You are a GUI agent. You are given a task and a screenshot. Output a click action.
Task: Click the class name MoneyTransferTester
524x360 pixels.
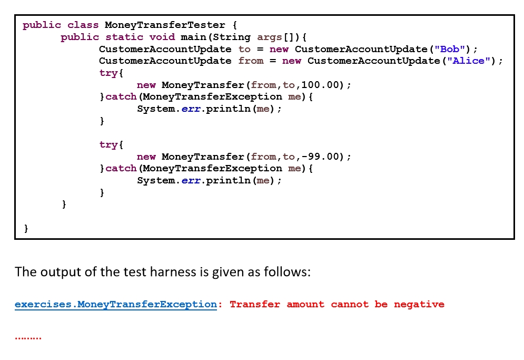[x=165, y=25]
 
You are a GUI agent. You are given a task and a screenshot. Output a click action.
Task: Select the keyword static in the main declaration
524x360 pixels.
[x=124, y=37]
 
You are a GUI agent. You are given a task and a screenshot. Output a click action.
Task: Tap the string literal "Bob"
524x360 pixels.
[x=450, y=49]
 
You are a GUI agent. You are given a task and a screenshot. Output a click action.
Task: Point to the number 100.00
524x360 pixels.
[x=320, y=85]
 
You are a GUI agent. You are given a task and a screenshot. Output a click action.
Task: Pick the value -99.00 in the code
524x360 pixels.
[x=320, y=157]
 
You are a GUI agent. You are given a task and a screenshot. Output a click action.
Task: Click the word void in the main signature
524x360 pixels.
[x=162, y=37]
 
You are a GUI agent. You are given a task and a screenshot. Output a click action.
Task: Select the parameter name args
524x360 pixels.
[x=269, y=37]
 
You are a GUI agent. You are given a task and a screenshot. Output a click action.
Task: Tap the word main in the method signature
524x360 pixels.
[x=193, y=37]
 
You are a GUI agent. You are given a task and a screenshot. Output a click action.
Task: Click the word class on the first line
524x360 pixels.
[x=83, y=25]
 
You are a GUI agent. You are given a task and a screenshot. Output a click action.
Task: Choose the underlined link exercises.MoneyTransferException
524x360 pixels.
[x=116, y=305]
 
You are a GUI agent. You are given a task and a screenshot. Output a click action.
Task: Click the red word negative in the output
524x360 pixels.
[x=419, y=305]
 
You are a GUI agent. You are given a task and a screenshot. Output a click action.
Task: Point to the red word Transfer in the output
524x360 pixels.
[x=255, y=305]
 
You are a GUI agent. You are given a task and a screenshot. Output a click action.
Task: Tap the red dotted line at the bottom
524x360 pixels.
[x=28, y=338]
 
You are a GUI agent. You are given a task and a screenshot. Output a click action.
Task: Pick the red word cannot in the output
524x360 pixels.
[x=350, y=305]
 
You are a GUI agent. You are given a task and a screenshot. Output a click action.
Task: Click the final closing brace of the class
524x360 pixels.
[x=26, y=229]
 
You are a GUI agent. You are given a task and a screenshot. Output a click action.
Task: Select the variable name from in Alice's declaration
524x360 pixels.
[x=251, y=61]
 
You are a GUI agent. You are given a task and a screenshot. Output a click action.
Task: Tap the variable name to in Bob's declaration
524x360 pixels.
[x=244, y=49]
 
